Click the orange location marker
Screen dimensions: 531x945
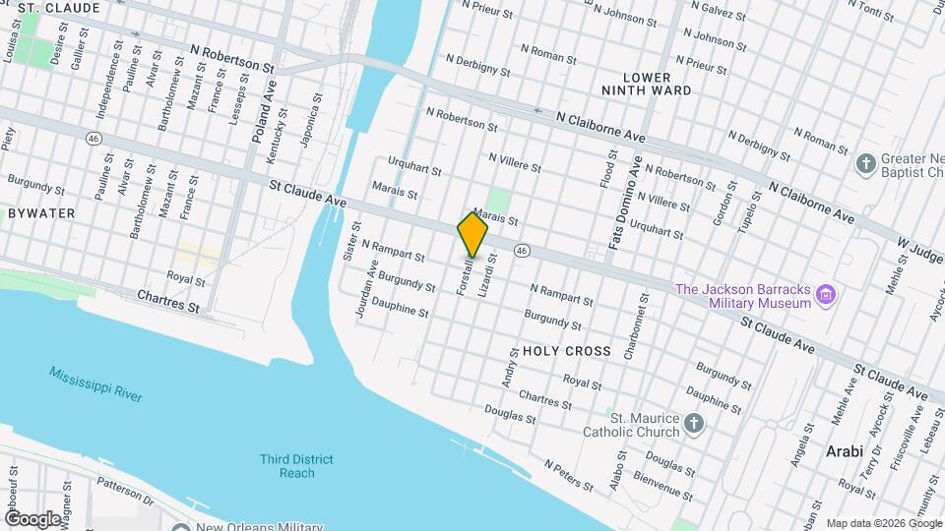coord(472,235)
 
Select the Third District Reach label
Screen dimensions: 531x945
coord(296,466)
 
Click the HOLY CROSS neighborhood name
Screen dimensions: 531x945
coord(566,351)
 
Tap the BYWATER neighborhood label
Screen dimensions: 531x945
coord(34,212)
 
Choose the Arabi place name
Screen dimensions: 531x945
coord(843,450)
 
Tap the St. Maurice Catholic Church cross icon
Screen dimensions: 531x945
coord(695,424)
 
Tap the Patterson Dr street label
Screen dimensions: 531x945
coord(125,492)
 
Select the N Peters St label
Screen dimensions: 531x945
coord(570,474)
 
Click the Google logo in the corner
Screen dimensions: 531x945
coord(32,518)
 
